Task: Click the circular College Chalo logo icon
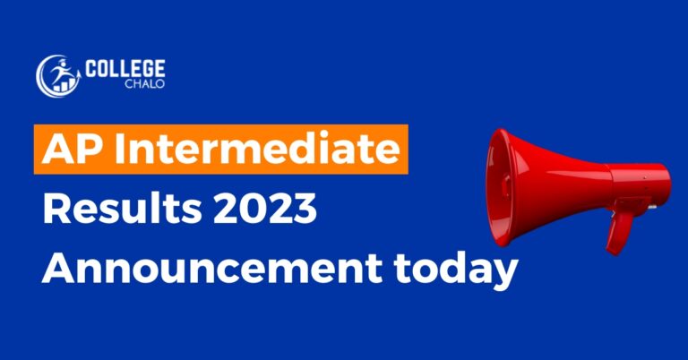(x=56, y=75)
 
